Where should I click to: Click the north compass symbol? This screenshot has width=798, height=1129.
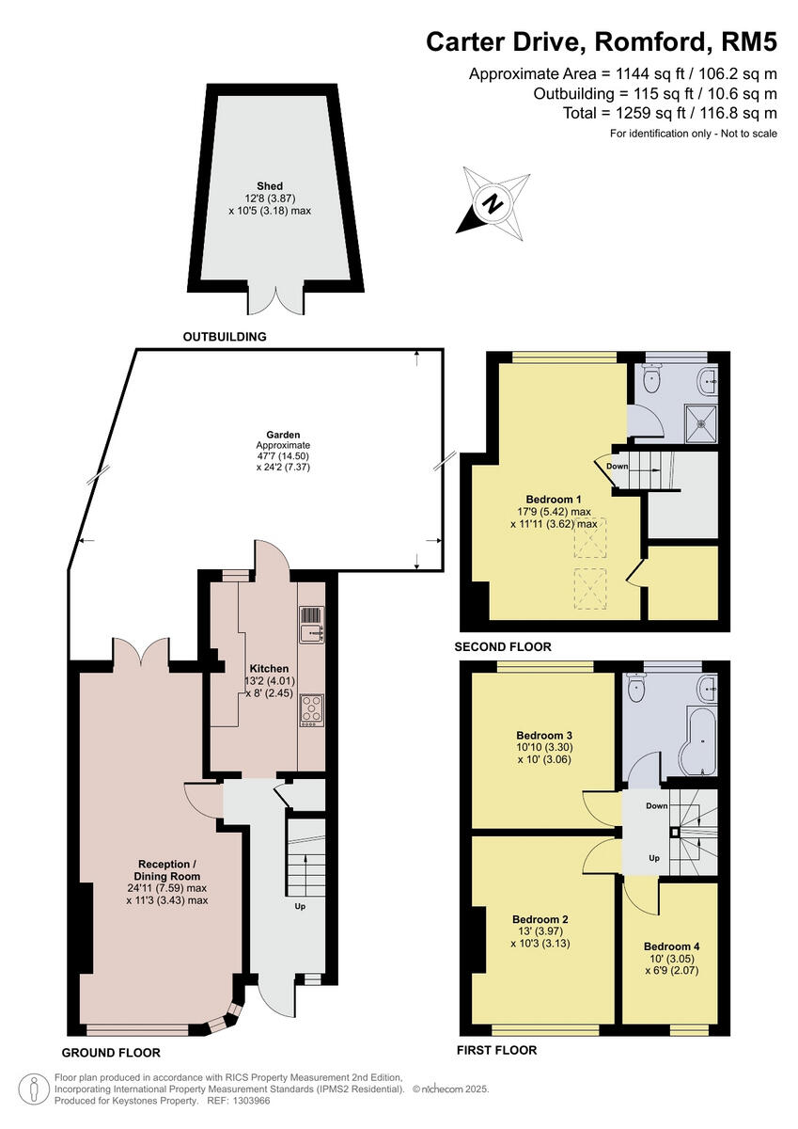(493, 200)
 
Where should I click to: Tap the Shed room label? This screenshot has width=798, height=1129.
(270, 186)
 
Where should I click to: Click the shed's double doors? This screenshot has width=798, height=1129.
(275, 299)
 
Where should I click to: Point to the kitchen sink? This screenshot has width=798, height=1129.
(310, 626)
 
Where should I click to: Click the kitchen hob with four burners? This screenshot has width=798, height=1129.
(310, 709)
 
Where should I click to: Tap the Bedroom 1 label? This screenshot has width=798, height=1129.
(554, 499)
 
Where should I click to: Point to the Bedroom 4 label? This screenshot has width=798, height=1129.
(671, 946)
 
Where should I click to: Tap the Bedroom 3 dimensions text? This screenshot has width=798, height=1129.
(543, 753)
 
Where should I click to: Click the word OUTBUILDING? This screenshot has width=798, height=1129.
(225, 336)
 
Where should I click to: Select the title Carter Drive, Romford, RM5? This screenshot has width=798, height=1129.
(602, 42)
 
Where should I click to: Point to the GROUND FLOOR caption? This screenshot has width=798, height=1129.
(111, 1052)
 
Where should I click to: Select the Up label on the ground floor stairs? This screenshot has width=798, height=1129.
(300, 907)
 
